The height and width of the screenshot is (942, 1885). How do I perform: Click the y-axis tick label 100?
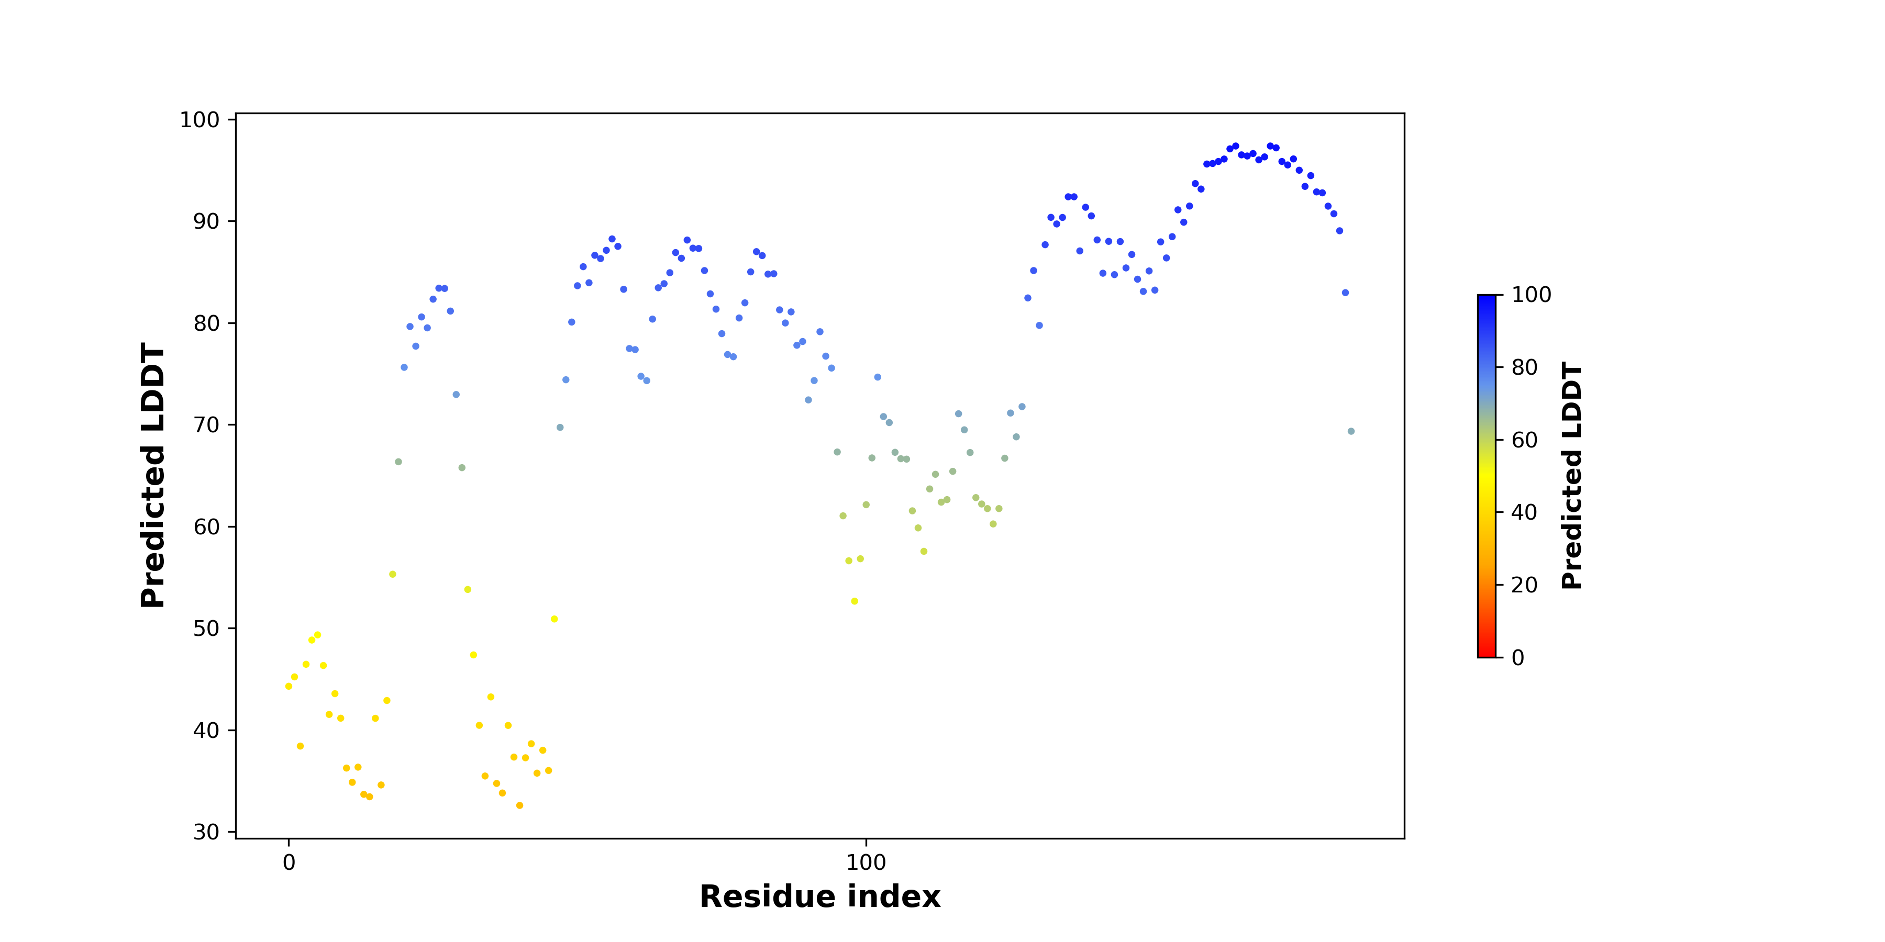pos(200,119)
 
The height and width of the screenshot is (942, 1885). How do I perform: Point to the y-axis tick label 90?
pos(206,221)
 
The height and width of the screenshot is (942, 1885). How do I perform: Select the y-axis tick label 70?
pos(206,424)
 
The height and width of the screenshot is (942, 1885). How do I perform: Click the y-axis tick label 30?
pos(206,832)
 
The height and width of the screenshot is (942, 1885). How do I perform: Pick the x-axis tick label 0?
pos(289,862)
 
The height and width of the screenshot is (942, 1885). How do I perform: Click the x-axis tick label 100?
pos(867,862)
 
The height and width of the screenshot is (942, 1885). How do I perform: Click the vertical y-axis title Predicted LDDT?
pos(153,475)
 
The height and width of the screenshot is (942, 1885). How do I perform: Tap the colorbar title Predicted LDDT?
pos(1572,475)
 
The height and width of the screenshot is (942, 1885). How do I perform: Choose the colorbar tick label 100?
pos(1532,295)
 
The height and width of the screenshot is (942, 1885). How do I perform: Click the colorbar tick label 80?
pos(1525,367)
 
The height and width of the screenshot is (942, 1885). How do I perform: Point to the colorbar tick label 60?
pos(1525,440)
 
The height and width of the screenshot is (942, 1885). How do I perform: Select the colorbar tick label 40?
pos(1525,512)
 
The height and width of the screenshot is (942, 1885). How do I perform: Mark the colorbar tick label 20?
pos(1525,585)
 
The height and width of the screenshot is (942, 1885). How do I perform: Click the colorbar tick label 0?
pos(1518,657)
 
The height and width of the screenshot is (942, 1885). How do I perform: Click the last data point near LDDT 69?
pos(1351,432)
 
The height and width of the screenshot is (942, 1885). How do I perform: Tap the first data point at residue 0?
pos(289,686)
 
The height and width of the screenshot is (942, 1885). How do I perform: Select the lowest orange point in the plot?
pos(519,805)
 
